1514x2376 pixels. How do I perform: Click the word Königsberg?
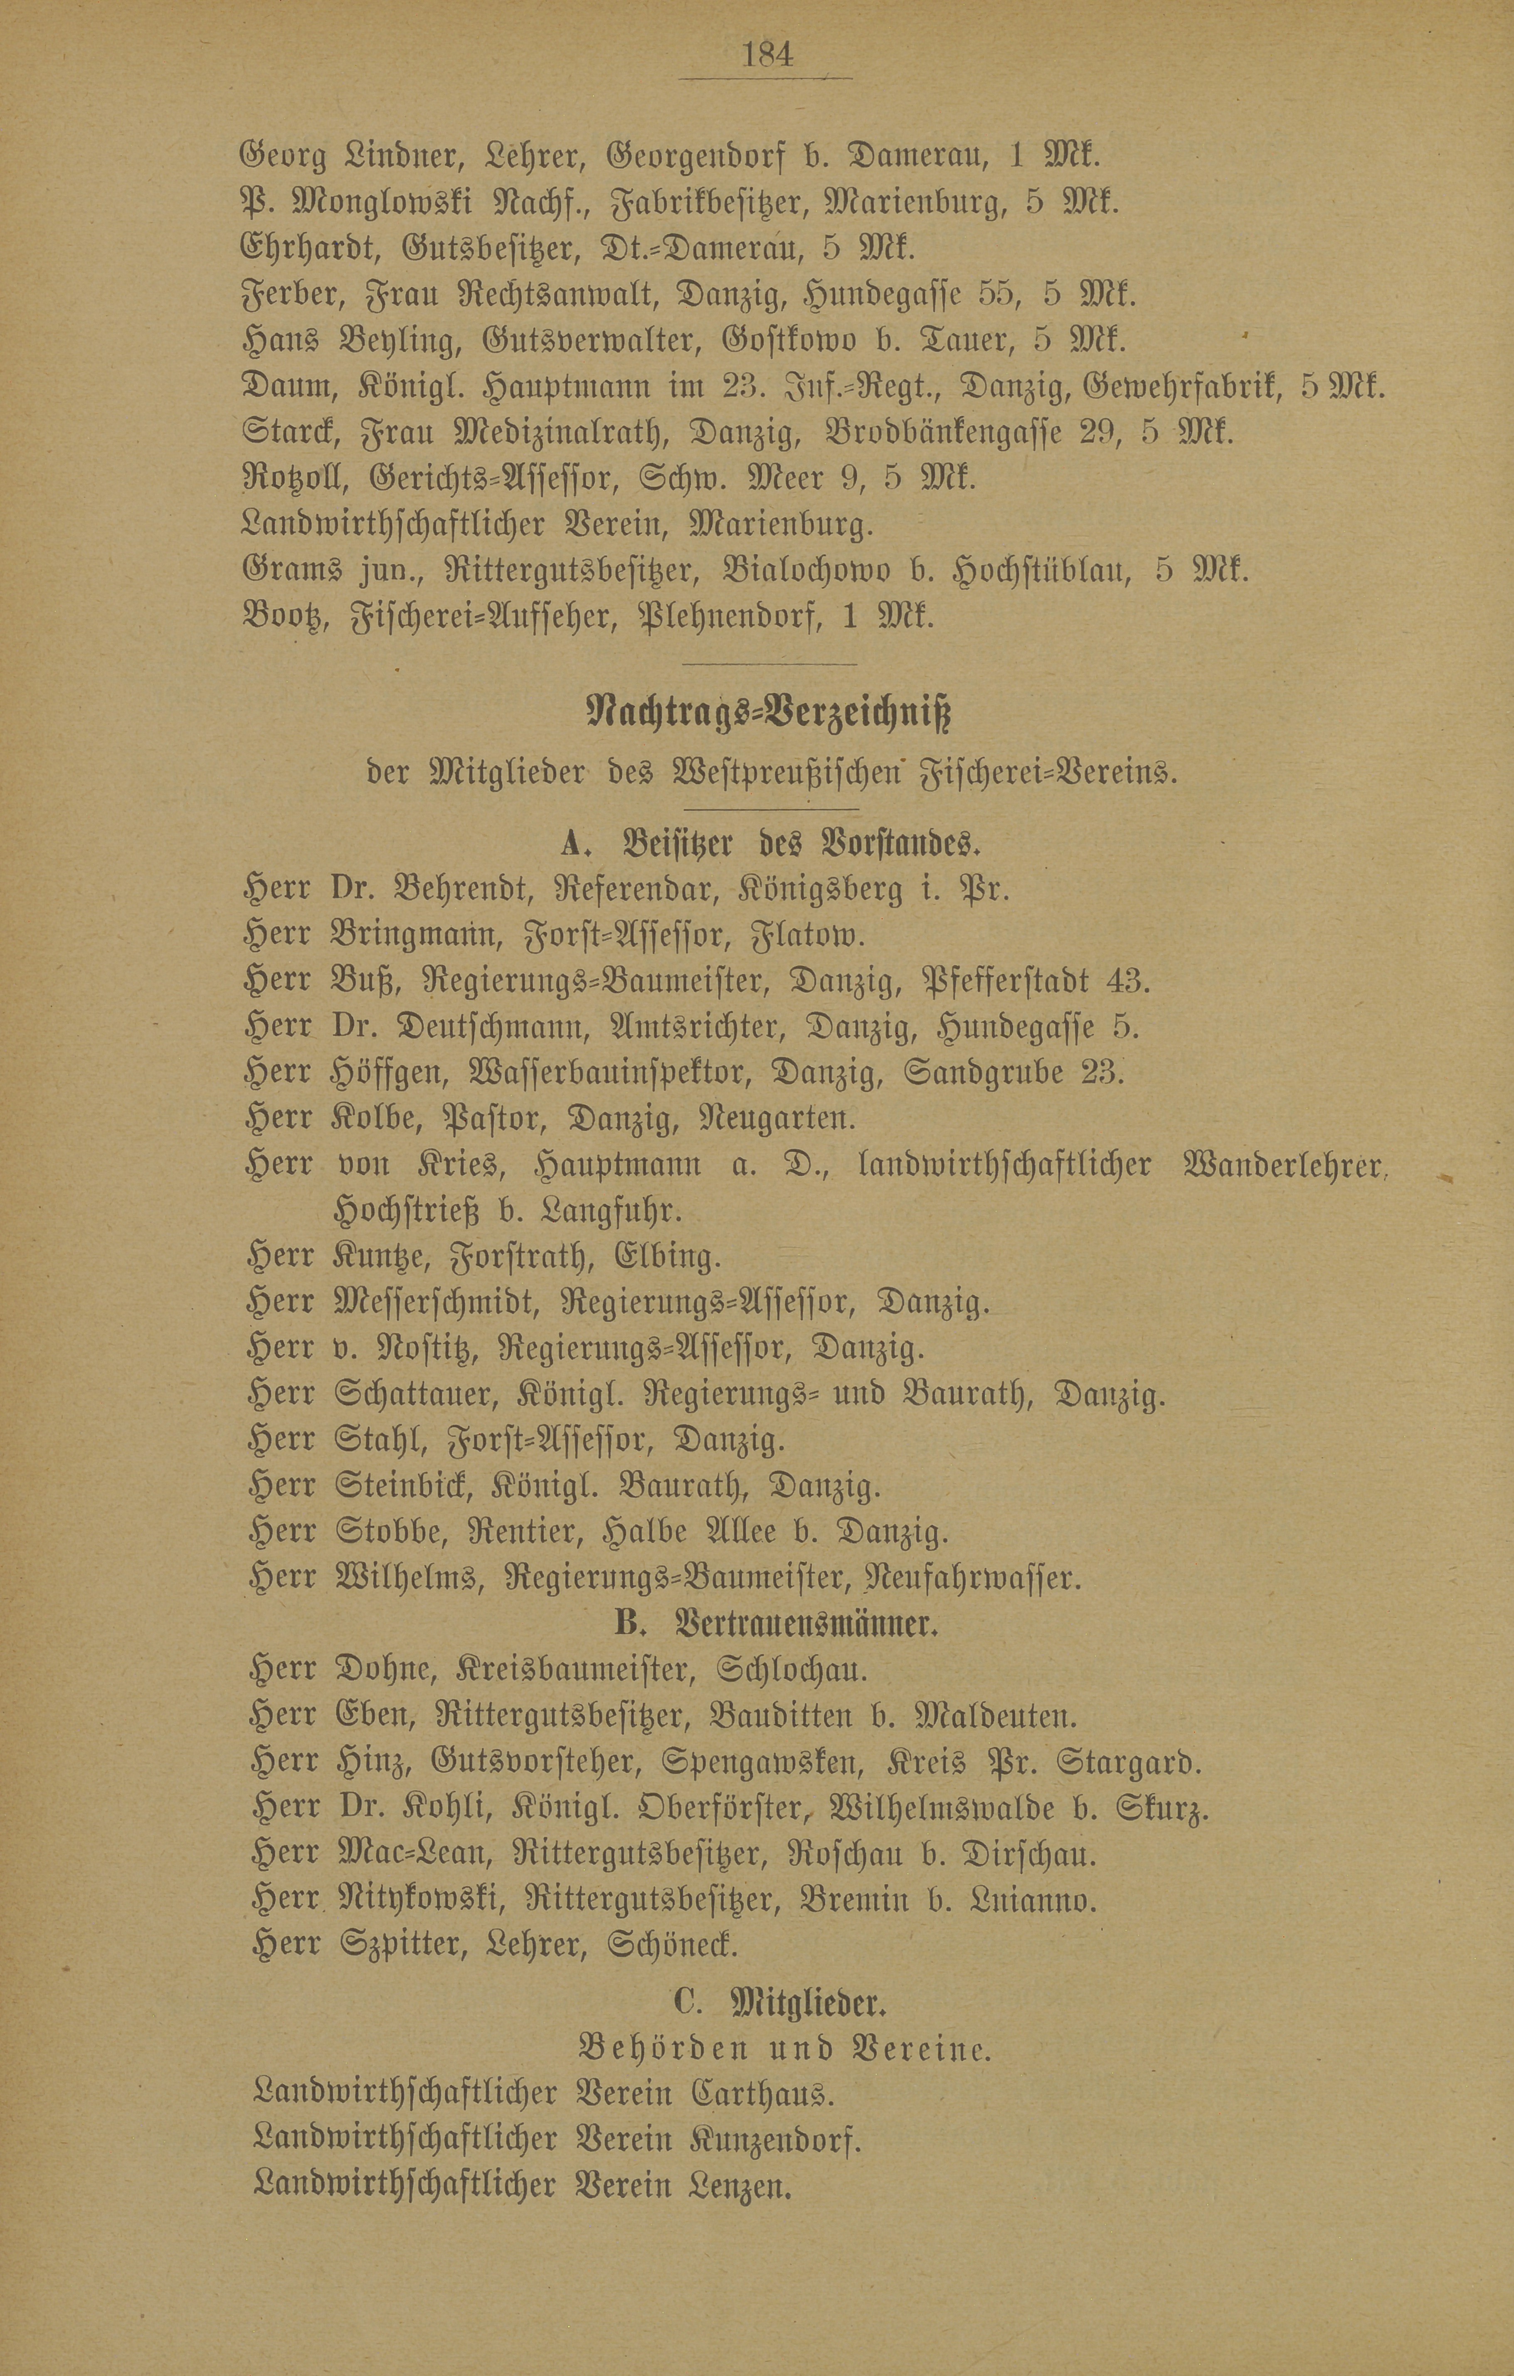tap(819, 890)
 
